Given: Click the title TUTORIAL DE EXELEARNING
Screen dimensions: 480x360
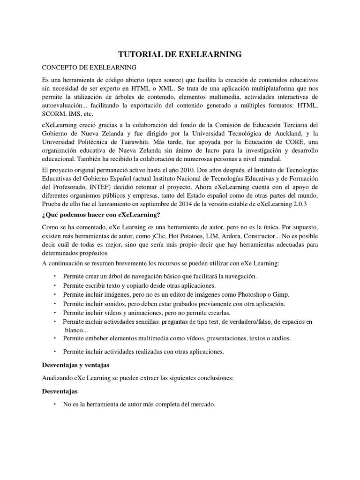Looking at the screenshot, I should click(x=180, y=55).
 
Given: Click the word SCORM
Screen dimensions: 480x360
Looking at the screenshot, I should click(x=53, y=114).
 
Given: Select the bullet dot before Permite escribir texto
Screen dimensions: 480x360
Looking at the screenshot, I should click(x=55, y=285).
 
